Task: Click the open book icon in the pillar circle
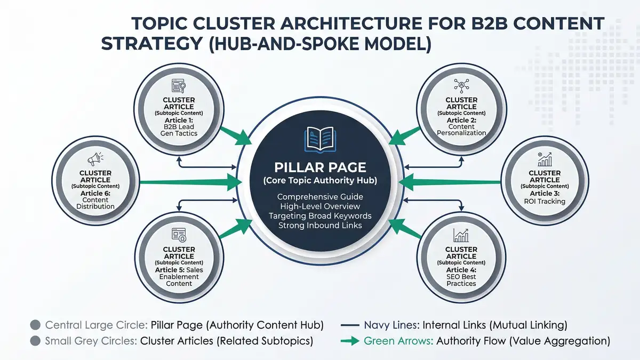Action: click(319, 139)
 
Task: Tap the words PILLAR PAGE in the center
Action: click(319, 167)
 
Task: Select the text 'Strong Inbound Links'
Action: click(319, 226)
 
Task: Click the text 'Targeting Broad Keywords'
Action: click(319, 216)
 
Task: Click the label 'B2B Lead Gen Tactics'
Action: click(179, 130)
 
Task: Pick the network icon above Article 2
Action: click(461, 85)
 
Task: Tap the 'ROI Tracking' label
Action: click(544, 202)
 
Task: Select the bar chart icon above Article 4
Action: click(461, 235)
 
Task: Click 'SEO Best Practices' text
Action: click(461, 280)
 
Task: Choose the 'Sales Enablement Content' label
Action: click(179, 280)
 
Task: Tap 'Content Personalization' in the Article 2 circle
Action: click(461, 130)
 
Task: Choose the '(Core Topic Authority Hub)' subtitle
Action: click(319, 181)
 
